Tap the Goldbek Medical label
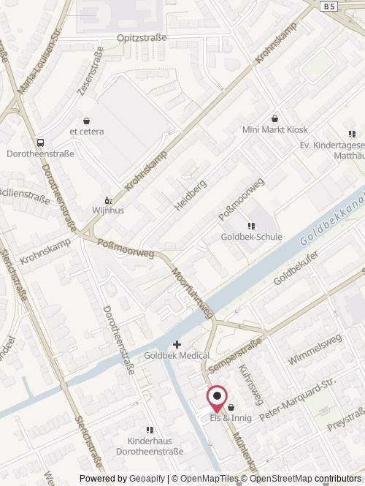pyautogui.click(x=177, y=355)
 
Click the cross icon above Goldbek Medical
pyautogui.click(x=177, y=344)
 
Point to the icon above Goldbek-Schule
pyautogui.click(x=252, y=226)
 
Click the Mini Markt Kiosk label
pyautogui.click(x=275, y=129)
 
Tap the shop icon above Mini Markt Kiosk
pyautogui.click(x=275, y=118)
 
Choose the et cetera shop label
pyautogui.click(x=87, y=132)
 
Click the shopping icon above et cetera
pyautogui.click(x=87, y=121)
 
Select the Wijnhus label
pyautogui.click(x=107, y=209)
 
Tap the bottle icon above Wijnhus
pyautogui.click(x=108, y=199)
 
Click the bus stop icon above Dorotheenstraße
pyautogui.click(x=40, y=143)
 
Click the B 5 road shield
pyautogui.click(x=330, y=5)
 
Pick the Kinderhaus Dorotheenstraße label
pyautogui.click(x=150, y=447)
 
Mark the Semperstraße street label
pyautogui.click(x=234, y=354)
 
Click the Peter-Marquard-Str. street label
pyautogui.click(x=296, y=400)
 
